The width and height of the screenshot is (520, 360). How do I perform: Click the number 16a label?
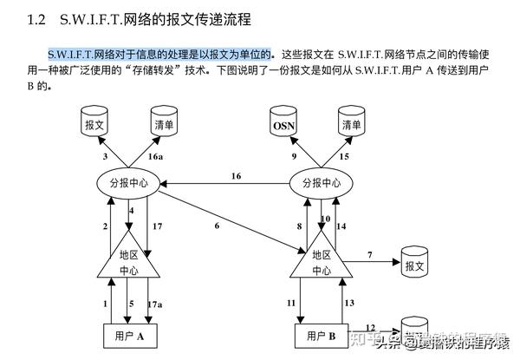[x=155, y=156]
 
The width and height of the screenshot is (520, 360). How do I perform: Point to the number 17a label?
[x=153, y=304]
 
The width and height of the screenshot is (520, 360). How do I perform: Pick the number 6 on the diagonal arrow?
[x=217, y=226]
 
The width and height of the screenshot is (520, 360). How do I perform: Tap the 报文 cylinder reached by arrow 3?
[x=94, y=124]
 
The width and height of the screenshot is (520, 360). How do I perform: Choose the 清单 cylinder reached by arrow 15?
[x=350, y=124]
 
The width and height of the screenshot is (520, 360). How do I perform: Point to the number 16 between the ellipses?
[x=235, y=176]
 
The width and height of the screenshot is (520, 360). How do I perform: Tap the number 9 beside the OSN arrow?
[x=293, y=156]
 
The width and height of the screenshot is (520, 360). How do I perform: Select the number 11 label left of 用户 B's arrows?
[x=291, y=303]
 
